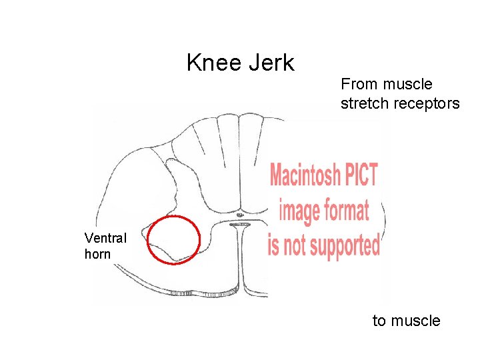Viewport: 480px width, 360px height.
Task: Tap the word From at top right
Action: point(358,85)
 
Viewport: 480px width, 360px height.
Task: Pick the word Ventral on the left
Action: point(105,237)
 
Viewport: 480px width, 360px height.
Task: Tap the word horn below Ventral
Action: point(98,254)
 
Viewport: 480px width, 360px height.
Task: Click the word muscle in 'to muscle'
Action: point(415,321)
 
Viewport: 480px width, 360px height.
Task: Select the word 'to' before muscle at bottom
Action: point(379,321)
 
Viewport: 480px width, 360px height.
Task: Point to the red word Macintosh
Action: point(305,177)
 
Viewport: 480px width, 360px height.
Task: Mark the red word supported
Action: point(342,245)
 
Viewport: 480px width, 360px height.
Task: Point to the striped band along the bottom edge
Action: point(203,292)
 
